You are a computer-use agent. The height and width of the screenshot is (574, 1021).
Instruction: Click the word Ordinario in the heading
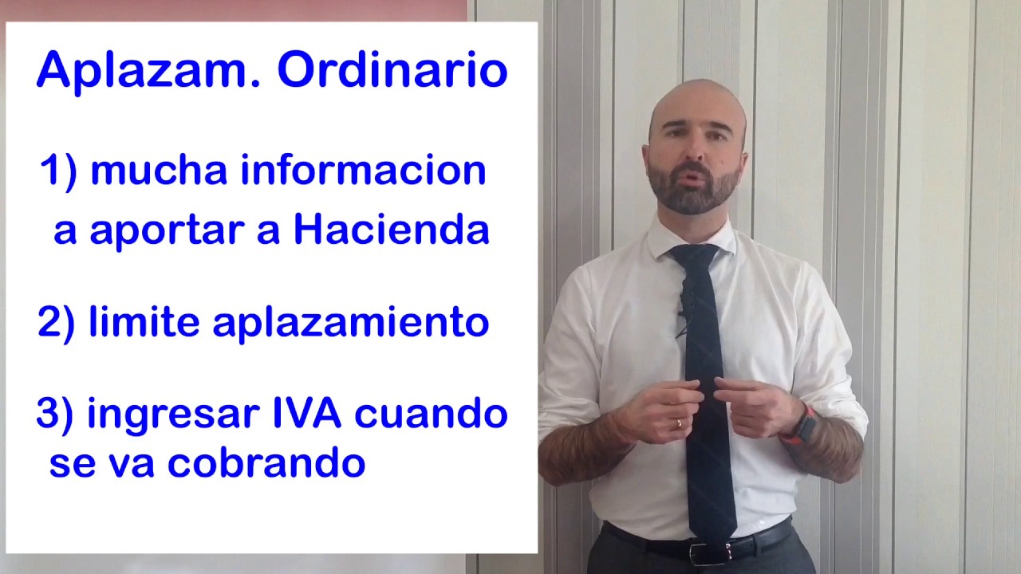click(x=392, y=71)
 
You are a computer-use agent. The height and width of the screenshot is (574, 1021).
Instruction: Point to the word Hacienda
click(x=391, y=230)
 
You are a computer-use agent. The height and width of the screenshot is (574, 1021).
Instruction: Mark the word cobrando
click(x=266, y=463)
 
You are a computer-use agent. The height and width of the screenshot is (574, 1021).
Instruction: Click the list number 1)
click(x=59, y=171)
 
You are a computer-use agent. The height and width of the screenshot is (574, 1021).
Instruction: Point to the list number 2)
click(x=57, y=323)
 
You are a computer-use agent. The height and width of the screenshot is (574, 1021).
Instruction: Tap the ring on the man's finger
click(x=679, y=423)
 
